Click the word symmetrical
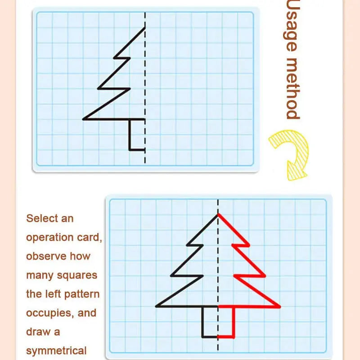(x=56, y=351)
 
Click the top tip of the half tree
(x=145, y=28)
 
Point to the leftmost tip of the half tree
(x=83, y=119)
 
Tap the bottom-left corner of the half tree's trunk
(x=130, y=149)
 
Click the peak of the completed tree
(x=218, y=214)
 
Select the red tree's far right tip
(x=280, y=307)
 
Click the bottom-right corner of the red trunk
(x=234, y=337)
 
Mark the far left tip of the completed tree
(x=156, y=306)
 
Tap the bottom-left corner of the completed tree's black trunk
(x=202, y=337)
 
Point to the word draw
(x=38, y=332)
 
